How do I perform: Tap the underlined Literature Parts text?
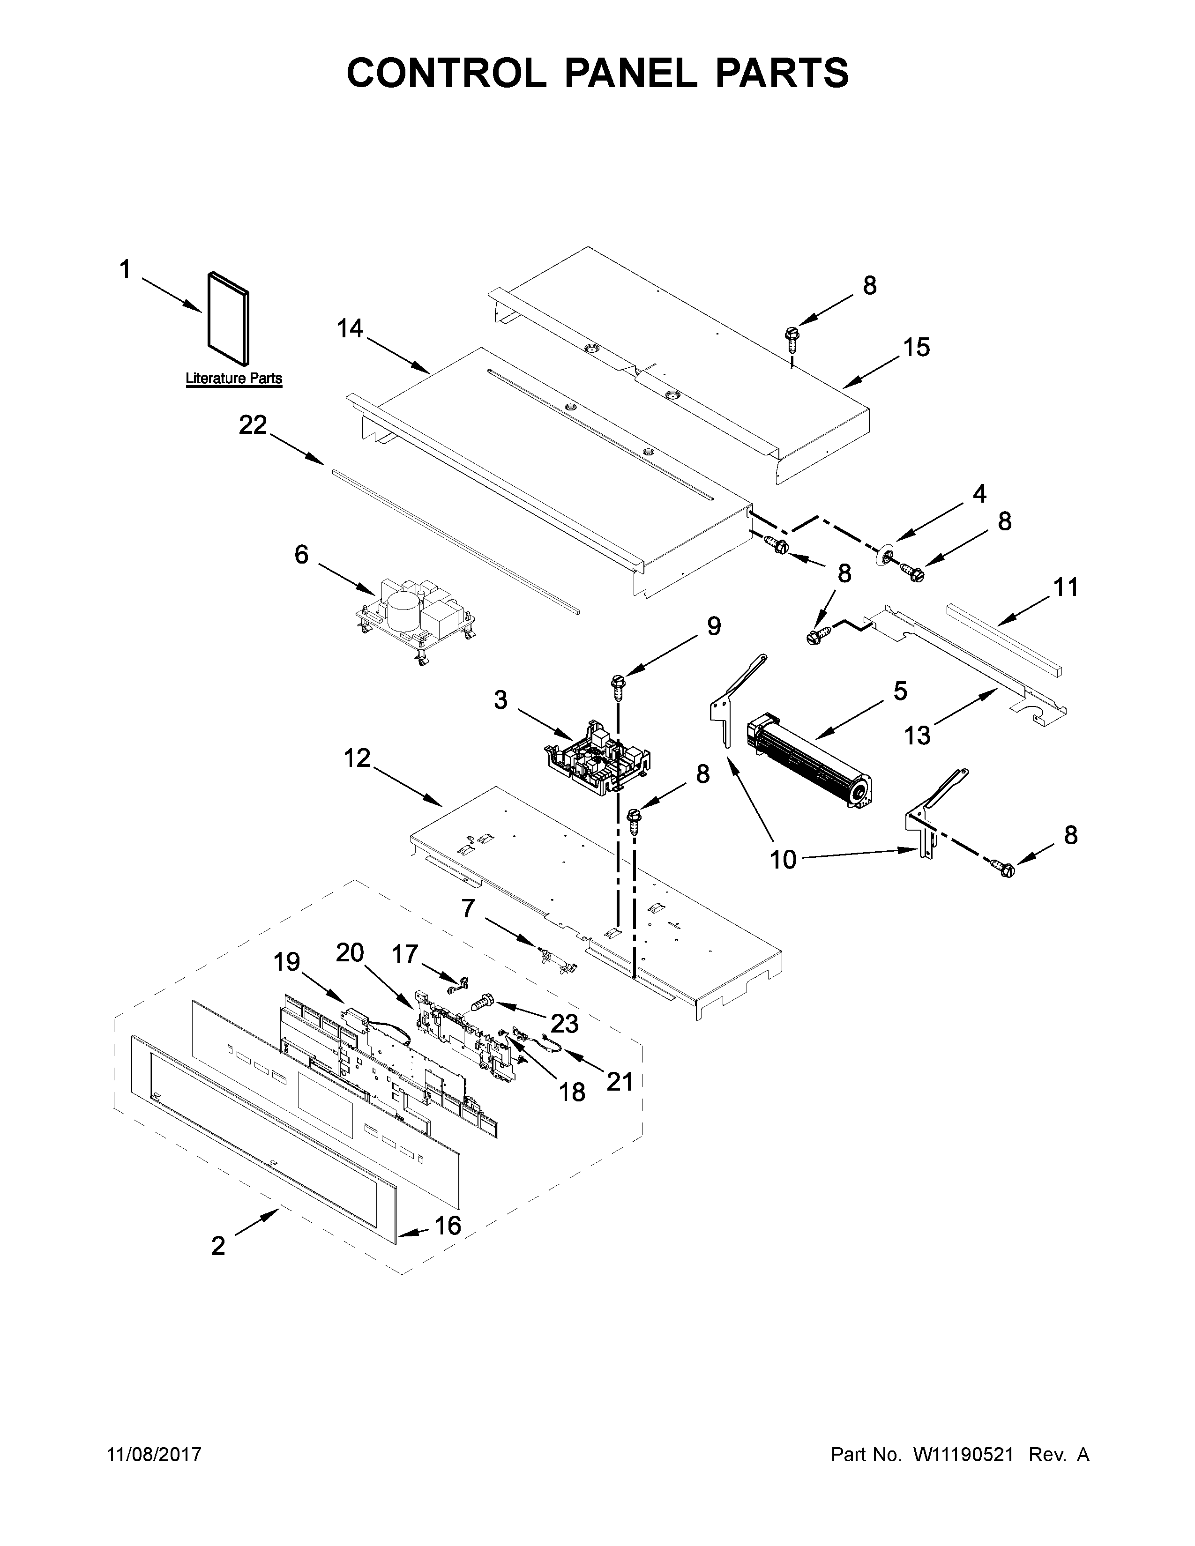tap(234, 379)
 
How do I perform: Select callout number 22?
tap(253, 425)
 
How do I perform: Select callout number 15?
tap(916, 348)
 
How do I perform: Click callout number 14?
tap(350, 328)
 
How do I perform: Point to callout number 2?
tap(218, 1246)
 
